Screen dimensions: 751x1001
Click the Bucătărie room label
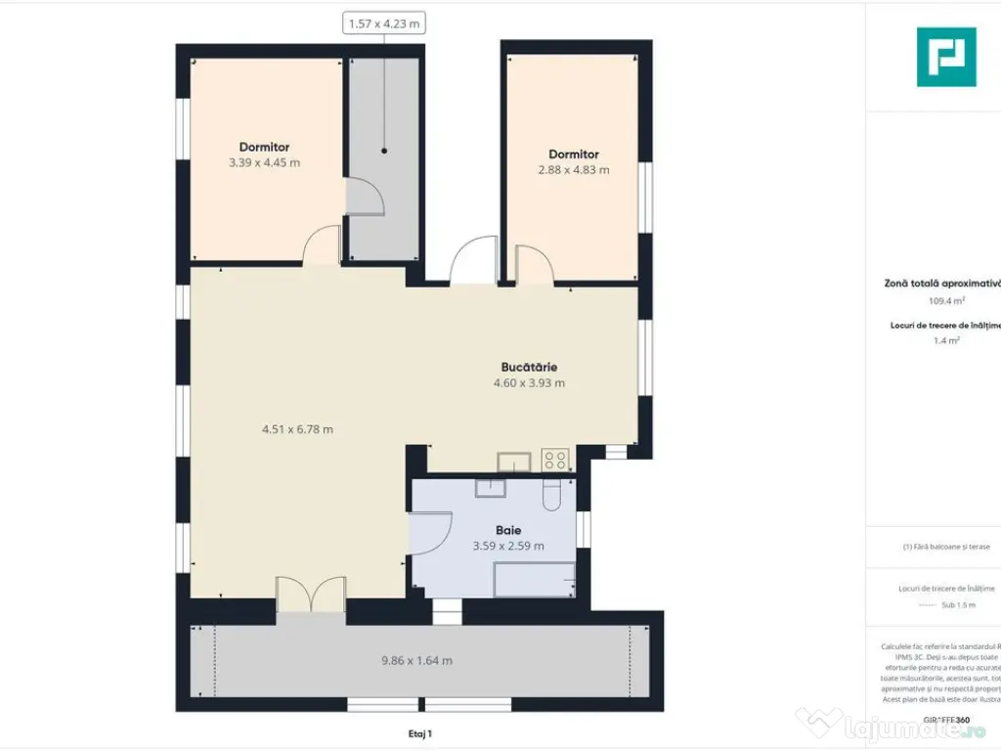(529, 367)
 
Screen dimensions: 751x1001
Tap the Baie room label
(507, 530)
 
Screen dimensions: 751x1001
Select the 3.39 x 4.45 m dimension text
(264, 163)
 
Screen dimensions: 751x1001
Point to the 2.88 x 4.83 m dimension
(574, 170)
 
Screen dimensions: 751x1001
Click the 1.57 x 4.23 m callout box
(383, 23)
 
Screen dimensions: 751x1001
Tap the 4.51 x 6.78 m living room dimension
(297, 429)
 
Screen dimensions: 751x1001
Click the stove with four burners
(555, 460)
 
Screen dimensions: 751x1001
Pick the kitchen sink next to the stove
(513, 461)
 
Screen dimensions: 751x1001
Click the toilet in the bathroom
(552, 496)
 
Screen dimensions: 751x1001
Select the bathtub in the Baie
(534, 580)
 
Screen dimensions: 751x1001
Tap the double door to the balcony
(311, 596)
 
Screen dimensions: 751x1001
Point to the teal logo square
(945, 57)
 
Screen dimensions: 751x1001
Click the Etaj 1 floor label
(419, 732)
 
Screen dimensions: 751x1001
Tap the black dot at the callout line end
(384, 151)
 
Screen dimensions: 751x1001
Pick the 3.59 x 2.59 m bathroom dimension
(507, 547)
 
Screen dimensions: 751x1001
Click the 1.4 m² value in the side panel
(945, 341)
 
